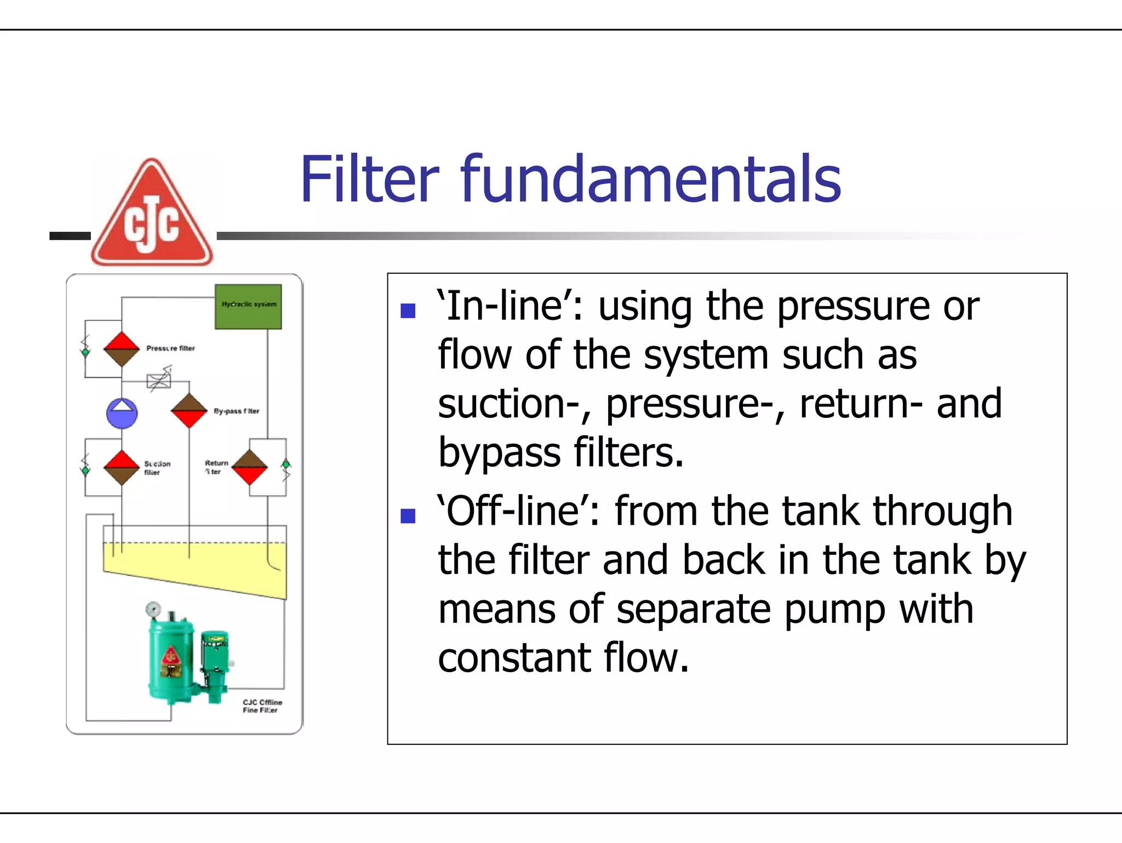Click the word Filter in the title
(369, 179)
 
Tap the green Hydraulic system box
(248, 306)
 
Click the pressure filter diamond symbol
(122, 349)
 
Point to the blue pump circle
(122, 414)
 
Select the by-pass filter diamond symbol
(189, 410)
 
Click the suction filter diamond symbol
(122, 467)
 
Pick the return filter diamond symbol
(250, 467)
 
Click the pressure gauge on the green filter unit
(153, 609)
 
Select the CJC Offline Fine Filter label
(262, 706)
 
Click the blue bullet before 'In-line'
(408, 311)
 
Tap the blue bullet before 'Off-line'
(408, 515)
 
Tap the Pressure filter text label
(170, 348)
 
